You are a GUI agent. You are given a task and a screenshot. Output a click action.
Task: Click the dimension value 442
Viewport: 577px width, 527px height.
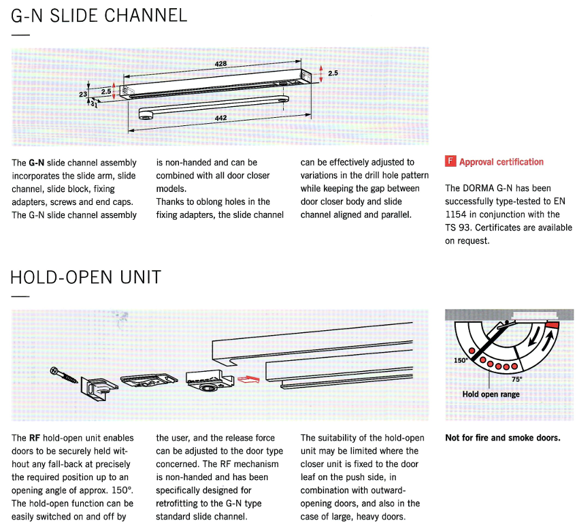tap(220, 118)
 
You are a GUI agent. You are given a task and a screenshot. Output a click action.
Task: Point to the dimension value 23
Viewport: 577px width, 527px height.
tap(83, 95)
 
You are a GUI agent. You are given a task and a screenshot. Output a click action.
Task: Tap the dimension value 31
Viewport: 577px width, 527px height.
tap(94, 106)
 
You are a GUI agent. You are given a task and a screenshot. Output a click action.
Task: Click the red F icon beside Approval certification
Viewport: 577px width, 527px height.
tap(450, 161)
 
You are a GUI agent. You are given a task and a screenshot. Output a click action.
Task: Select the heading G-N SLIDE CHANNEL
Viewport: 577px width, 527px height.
tap(99, 16)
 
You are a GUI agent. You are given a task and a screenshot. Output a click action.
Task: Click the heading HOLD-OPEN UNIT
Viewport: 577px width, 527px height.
tap(86, 277)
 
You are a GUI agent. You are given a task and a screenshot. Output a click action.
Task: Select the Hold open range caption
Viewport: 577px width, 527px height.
tap(491, 394)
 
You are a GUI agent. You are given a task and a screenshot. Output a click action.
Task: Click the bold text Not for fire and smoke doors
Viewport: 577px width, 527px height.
tap(502, 438)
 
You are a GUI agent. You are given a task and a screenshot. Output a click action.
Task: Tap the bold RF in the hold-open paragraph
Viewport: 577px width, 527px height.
tap(35, 438)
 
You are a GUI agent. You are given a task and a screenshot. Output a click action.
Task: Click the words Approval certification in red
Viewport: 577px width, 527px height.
tap(501, 162)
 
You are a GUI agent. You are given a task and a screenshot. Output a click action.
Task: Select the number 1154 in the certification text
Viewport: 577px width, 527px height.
tap(455, 214)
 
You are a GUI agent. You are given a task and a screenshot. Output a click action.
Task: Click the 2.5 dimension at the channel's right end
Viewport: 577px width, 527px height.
tap(333, 73)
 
